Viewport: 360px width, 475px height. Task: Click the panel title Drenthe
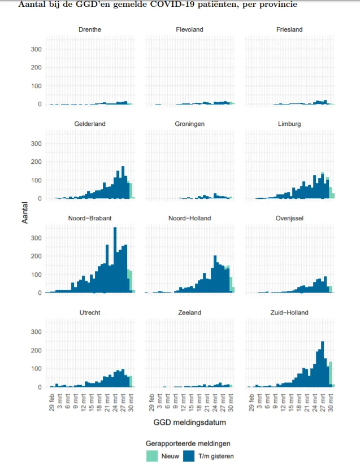(90, 29)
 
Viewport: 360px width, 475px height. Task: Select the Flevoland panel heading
(189, 29)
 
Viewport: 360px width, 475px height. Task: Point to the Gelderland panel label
(90, 124)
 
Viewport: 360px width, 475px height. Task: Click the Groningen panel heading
(189, 124)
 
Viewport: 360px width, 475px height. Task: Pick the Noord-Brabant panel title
(90, 218)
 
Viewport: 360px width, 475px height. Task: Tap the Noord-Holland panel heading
(189, 218)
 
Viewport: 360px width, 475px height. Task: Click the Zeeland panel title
(189, 312)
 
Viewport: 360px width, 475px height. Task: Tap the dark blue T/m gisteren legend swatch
(190, 456)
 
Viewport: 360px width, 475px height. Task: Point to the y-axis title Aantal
(25, 213)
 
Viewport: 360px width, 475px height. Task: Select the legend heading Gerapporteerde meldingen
(188, 443)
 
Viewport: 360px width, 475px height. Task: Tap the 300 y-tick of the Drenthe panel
(36, 49)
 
